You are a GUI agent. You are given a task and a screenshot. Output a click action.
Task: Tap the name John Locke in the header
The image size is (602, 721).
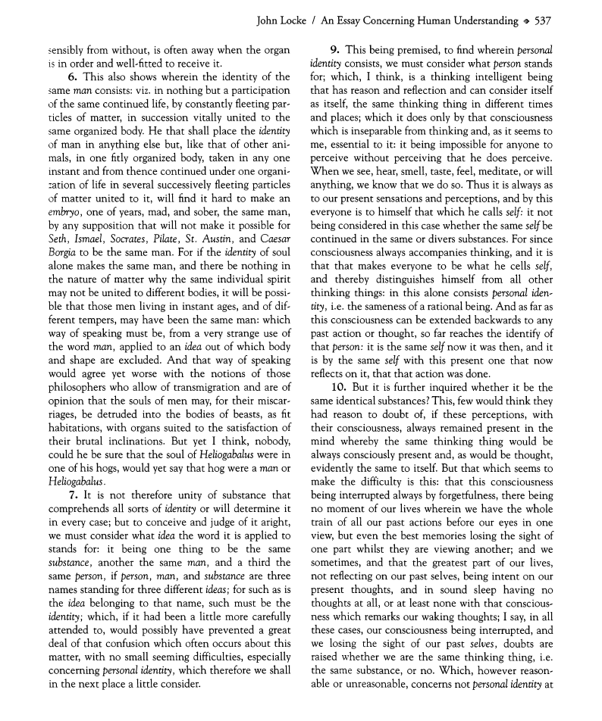[x=284, y=21]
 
